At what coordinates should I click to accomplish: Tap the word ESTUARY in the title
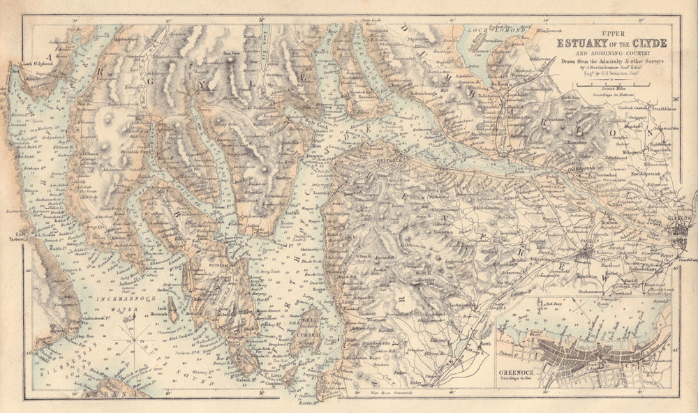(581, 43)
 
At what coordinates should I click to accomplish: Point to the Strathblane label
(656, 107)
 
